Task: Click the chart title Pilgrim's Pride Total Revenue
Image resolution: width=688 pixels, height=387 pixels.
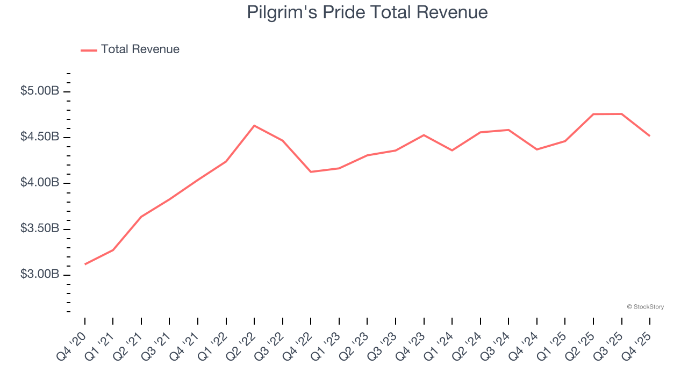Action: (x=367, y=12)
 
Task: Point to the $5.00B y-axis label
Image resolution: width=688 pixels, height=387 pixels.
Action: (x=39, y=91)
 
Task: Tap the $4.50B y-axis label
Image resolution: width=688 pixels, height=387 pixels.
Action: (x=39, y=137)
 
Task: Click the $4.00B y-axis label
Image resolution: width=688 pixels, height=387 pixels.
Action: (x=39, y=183)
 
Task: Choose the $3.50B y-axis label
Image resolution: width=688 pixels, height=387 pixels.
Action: (x=39, y=228)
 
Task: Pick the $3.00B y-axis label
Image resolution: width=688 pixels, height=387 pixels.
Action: (x=39, y=274)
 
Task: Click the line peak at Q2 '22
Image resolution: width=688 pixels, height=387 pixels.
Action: (x=254, y=126)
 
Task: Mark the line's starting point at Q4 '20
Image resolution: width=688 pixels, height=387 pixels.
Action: (x=85, y=264)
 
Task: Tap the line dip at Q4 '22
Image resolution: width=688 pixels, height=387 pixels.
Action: (x=311, y=172)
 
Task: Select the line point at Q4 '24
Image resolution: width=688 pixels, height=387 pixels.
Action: (x=537, y=149)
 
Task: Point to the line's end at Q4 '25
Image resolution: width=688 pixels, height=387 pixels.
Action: (x=650, y=135)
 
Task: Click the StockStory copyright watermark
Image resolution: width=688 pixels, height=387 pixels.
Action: (x=646, y=307)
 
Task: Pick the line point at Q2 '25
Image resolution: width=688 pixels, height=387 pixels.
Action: (x=593, y=114)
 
